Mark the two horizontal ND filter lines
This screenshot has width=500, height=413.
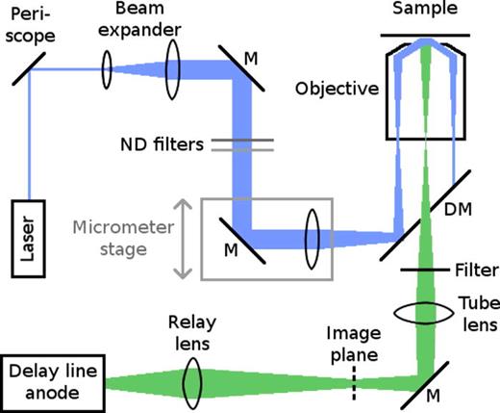click(x=237, y=144)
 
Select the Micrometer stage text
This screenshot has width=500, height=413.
click(x=113, y=239)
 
